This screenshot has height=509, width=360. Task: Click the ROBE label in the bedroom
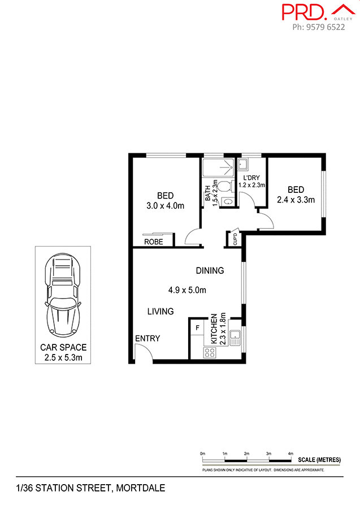point(153,241)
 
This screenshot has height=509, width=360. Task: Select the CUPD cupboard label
point(235,240)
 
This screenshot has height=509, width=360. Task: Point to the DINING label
point(210,270)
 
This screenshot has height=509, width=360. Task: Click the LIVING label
point(161,311)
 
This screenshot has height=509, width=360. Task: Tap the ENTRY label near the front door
point(148,338)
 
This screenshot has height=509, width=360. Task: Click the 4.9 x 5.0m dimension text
point(187,290)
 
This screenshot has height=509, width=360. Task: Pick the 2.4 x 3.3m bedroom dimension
point(296,199)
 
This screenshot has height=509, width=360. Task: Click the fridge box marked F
point(197,327)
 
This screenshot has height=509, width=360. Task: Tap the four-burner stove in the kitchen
point(209,352)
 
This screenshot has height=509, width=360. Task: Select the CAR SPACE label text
point(63,347)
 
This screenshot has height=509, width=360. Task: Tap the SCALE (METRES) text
point(319,459)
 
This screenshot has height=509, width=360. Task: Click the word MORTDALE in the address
point(140,488)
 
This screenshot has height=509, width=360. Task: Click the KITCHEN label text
point(214,330)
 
